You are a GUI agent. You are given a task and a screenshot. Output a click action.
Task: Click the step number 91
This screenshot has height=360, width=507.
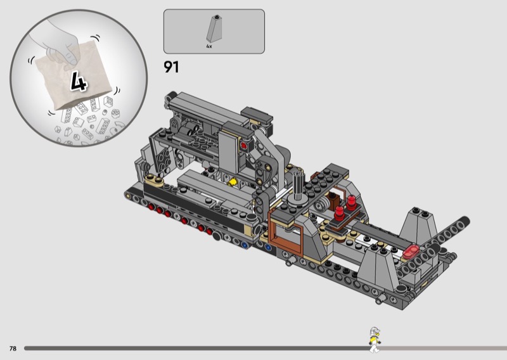pos(171,67)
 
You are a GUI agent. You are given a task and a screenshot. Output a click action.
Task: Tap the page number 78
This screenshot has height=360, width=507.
pos(13,349)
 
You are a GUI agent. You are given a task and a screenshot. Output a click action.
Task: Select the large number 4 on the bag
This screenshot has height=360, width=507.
pos(79,82)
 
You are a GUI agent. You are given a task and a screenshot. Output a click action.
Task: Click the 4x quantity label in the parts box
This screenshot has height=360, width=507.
pos(209,46)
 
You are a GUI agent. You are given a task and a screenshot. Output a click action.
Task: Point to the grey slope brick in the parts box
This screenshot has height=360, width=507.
pos(214,29)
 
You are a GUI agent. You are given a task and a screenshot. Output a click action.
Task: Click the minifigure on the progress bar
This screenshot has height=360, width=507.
pos(375,339)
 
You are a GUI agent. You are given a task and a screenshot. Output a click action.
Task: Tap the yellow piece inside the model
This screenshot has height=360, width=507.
pos(232,183)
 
